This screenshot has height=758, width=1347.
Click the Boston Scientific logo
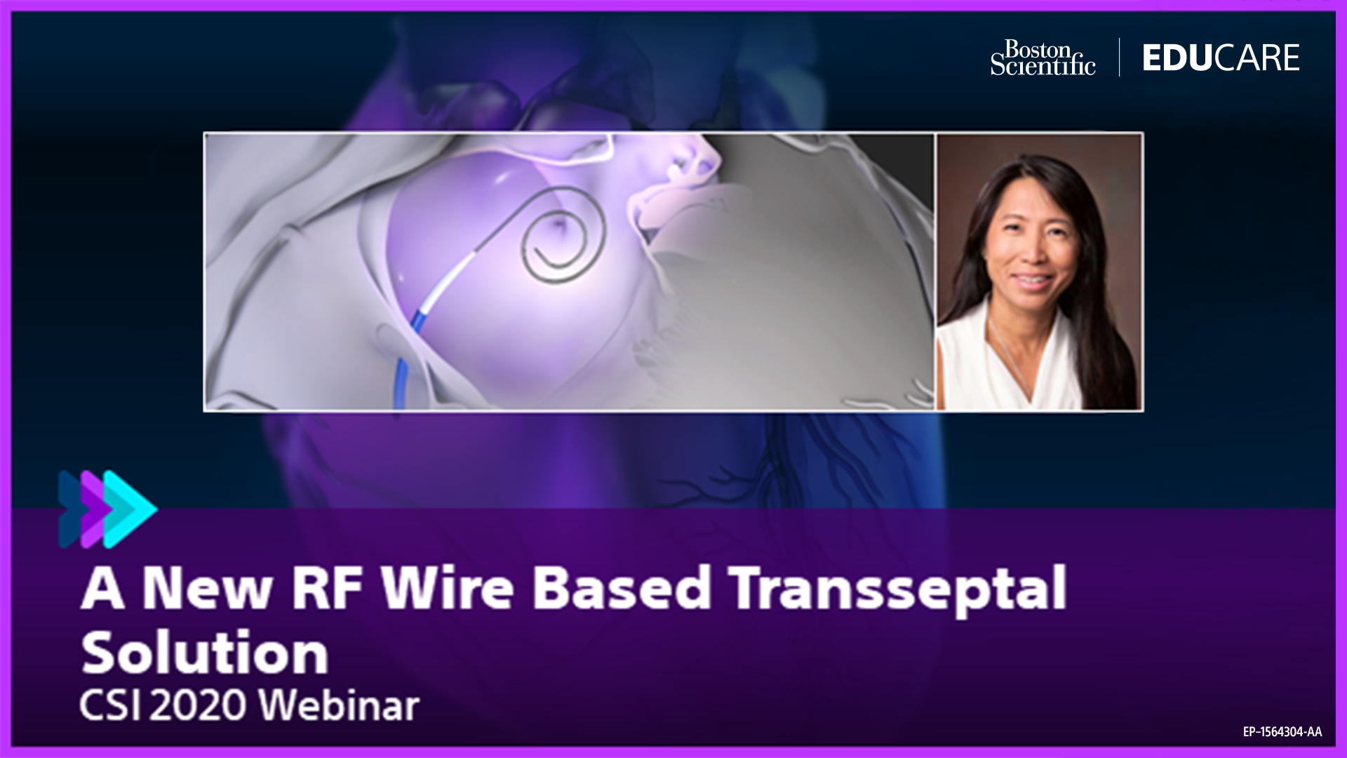click(x=1043, y=58)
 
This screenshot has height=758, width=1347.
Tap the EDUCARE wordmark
click(x=1221, y=58)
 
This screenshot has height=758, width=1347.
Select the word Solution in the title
click(x=205, y=652)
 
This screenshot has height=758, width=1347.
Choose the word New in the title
click(x=208, y=587)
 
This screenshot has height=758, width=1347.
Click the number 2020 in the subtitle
click(x=198, y=705)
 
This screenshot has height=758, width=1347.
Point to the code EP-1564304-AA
click(x=1282, y=732)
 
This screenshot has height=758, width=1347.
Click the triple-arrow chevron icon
click(x=107, y=509)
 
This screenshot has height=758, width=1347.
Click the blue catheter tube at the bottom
click(x=402, y=383)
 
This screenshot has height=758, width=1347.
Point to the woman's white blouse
click(x=1010, y=358)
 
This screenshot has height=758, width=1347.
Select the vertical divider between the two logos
click(x=1119, y=57)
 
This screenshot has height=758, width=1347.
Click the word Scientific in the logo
click(x=1043, y=65)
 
